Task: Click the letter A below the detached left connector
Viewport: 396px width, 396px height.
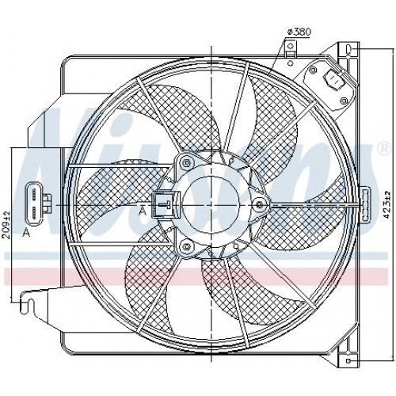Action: [27, 232]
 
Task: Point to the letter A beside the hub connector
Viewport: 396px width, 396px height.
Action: [143, 211]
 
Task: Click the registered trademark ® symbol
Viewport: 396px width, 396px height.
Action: [383, 147]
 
